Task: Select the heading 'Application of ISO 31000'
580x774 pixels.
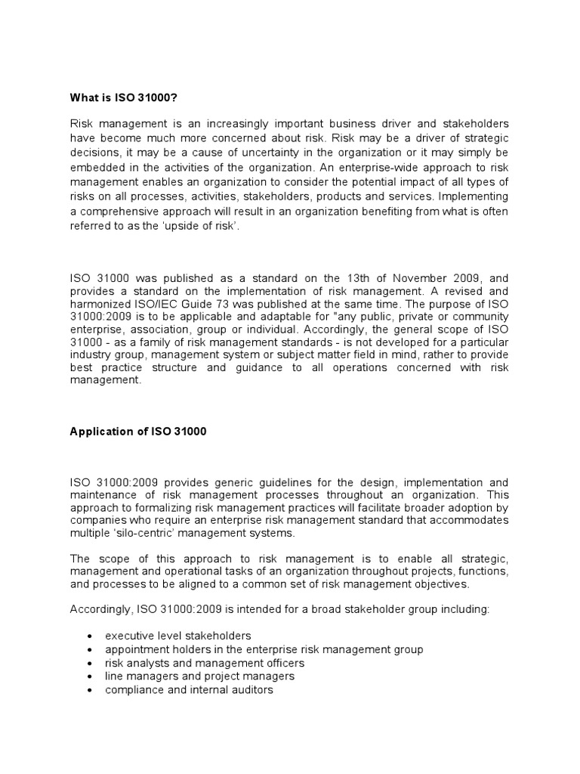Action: click(137, 432)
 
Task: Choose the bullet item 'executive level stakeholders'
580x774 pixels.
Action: click(177, 636)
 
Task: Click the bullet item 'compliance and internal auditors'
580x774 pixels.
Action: click(189, 690)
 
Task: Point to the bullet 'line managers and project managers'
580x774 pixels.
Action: click(199, 676)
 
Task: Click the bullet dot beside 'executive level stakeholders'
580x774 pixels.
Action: click(90, 636)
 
